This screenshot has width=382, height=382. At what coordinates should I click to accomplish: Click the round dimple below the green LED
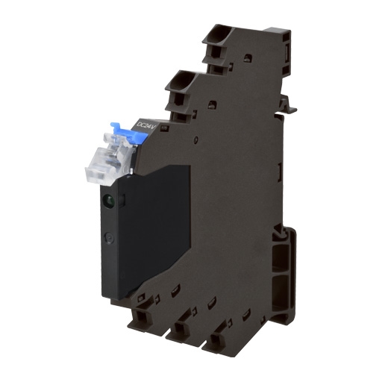point(109,239)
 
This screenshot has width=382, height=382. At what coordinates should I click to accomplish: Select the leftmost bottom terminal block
point(142,321)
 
